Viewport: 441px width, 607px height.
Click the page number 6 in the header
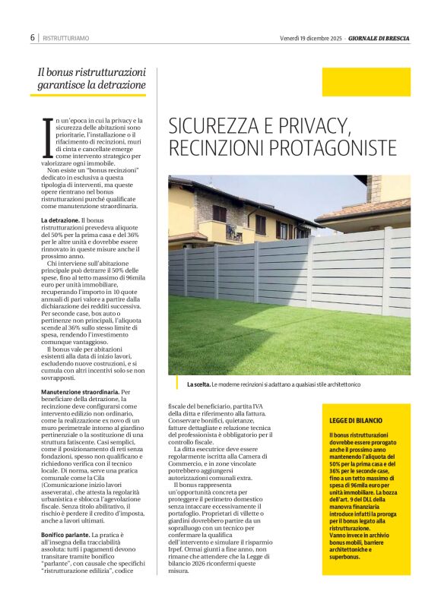coord(33,37)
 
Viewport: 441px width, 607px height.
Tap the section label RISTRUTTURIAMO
coord(66,38)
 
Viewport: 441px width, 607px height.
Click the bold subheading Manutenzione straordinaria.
coord(80,392)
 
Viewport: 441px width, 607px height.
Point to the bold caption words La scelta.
coord(197,384)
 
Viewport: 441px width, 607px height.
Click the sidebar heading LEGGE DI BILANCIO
coord(356,420)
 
